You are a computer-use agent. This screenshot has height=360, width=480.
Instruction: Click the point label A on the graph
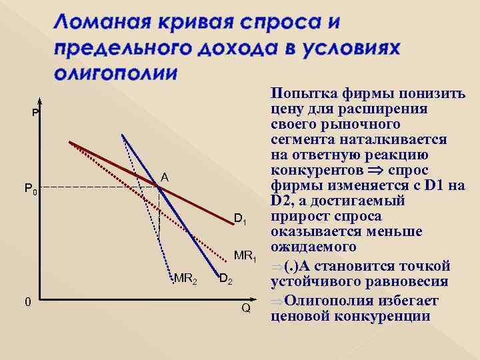click(x=165, y=177)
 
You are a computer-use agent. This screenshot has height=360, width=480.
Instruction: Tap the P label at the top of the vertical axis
click(x=35, y=113)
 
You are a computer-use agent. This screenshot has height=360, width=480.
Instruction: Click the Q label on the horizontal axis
click(x=245, y=309)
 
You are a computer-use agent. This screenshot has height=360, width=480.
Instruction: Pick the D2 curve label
click(x=225, y=278)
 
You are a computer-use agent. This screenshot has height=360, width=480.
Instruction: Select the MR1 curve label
click(x=245, y=255)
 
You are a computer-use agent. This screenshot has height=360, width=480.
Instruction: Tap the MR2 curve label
click(x=185, y=278)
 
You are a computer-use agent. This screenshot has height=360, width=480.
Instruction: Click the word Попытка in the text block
click(x=301, y=93)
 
